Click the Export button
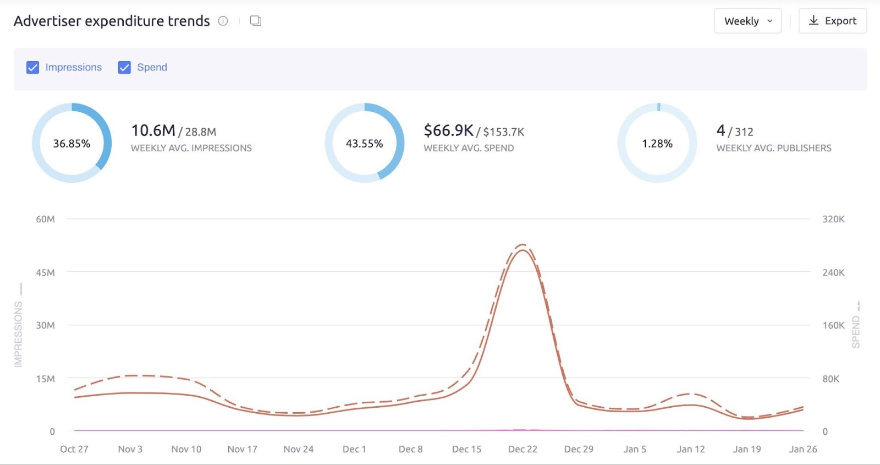[x=832, y=21]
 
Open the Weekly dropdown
[x=747, y=21]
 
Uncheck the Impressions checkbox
[x=33, y=67]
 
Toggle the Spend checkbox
[x=125, y=67]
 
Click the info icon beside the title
[x=223, y=21]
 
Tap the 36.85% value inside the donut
[x=71, y=144]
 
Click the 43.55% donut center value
[x=364, y=144]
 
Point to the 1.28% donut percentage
[x=657, y=144]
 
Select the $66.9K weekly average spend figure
[x=448, y=130]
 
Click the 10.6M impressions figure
[x=153, y=130]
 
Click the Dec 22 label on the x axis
[x=522, y=449]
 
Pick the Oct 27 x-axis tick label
[x=74, y=449]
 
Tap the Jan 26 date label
[x=803, y=449]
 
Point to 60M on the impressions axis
[x=45, y=219]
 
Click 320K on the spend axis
[x=833, y=219]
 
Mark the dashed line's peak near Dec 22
[x=522, y=244]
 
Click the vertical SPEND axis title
[x=856, y=332]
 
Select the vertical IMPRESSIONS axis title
[x=19, y=334]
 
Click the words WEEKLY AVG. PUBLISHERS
[x=773, y=148]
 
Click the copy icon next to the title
[x=255, y=21]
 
